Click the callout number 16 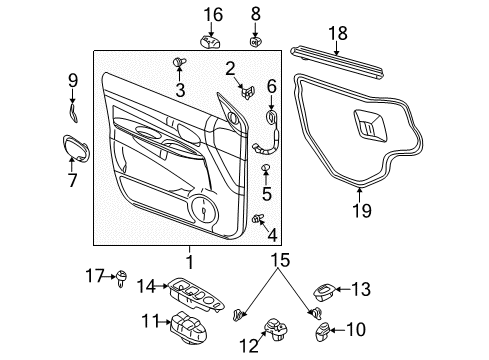[213, 14]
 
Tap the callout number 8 [255, 13]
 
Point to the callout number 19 [363, 210]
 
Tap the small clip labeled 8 [255, 42]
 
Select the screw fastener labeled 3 [181, 64]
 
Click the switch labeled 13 [327, 289]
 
